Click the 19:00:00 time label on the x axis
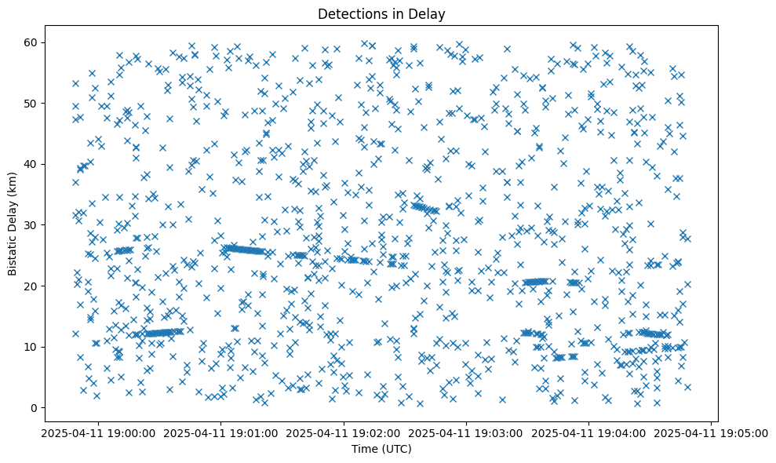pos(98,432)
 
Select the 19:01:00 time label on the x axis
pos(220,432)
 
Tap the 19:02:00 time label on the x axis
pos(344,432)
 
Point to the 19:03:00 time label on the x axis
pos(466,432)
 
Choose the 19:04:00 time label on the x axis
pos(589,432)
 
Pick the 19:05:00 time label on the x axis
pos(712,432)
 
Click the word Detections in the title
pos(347,13)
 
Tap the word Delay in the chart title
pos(427,13)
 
